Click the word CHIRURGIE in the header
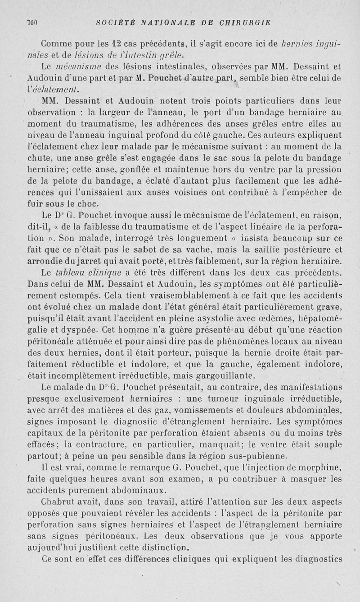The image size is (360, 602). coord(244,23)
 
